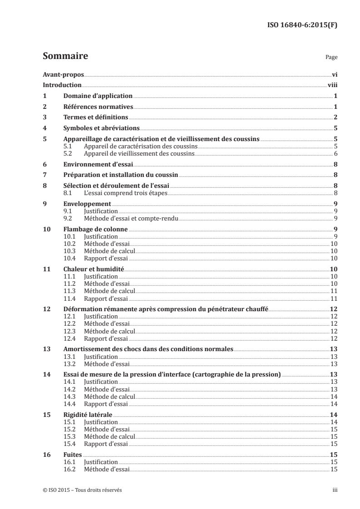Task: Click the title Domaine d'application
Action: pos(98,96)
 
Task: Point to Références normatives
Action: pos(98,107)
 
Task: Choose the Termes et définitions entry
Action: pos(95,117)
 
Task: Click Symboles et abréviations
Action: pos(101,128)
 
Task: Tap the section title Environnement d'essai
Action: pos(98,165)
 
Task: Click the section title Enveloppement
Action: pos(87,204)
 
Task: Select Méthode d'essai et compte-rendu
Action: pos(131,218)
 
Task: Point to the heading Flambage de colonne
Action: pos(95,229)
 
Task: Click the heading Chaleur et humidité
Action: pos(94,269)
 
